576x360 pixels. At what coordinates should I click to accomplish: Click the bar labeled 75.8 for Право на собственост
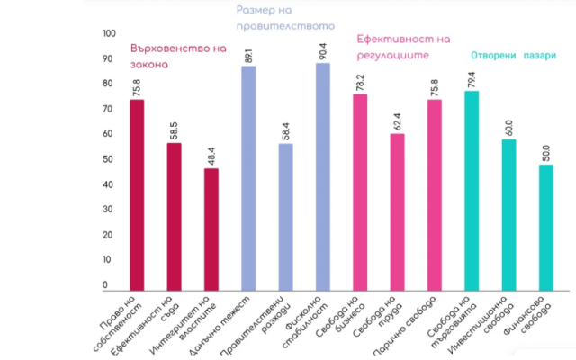tap(136, 194)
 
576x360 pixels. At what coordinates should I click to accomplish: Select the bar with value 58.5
tap(174, 216)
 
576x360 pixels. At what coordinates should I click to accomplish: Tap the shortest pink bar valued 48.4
tap(211, 229)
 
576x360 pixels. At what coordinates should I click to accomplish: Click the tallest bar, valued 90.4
tap(322, 176)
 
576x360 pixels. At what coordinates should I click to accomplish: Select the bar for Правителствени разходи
tap(285, 216)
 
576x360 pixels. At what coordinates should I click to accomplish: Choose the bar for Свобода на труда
tap(397, 211)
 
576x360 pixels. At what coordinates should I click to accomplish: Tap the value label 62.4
tap(398, 120)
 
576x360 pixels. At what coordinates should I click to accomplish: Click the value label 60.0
tap(508, 126)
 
